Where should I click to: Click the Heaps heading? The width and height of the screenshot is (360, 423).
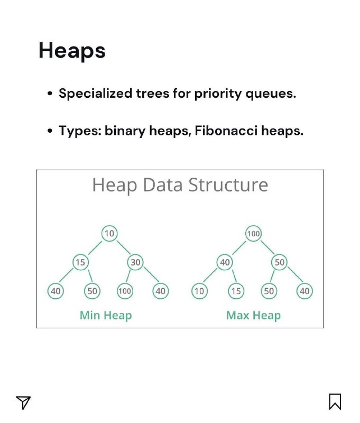click(x=72, y=51)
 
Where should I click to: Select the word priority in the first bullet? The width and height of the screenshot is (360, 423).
click(x=217, y=94)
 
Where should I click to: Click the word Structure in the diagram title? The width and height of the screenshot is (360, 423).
click(x=228, y=185)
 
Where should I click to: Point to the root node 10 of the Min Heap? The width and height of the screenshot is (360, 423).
click(x=109, y=233)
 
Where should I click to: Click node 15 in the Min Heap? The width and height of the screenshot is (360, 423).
click(x=80, y=262)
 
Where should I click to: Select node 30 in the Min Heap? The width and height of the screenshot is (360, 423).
click(x=135, y=262)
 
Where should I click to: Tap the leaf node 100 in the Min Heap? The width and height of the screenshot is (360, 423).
click(x=125, y=291)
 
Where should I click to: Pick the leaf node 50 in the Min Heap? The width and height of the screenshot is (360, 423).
click(x=92, y=291)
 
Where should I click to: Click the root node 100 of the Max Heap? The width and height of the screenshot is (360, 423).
click(x=254, y=233)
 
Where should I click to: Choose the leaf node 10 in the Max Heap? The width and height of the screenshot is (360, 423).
click(x=199, y=291)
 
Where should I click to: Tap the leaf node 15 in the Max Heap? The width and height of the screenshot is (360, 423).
click(x=236, y=291)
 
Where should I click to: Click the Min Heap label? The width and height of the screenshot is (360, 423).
click(x=106, y=315)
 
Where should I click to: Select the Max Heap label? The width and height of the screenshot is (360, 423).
click(x=254, y=315)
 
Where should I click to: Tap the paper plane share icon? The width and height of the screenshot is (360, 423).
click(x=23, y=402)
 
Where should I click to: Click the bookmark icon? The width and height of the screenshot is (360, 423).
click(x=335, y=401)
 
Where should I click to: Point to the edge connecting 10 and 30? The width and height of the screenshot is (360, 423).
click(x=124, y=247)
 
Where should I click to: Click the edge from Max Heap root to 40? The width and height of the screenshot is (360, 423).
click(x=239, y=248)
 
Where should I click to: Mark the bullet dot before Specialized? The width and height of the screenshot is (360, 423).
click(x=50, y=94)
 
